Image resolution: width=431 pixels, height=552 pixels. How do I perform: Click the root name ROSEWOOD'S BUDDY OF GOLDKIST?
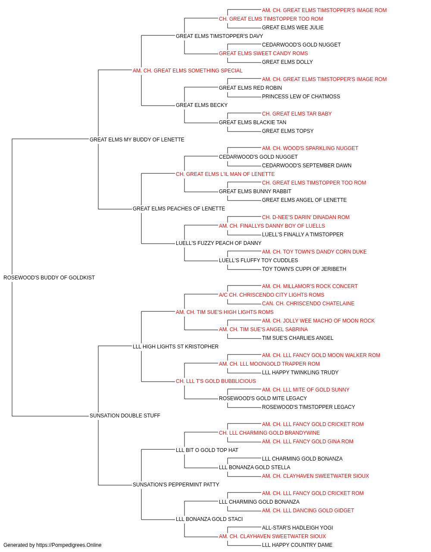49,278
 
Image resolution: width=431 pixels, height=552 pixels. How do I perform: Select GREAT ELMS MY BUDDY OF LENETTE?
137,140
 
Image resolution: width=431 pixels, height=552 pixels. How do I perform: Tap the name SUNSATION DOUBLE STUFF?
125,416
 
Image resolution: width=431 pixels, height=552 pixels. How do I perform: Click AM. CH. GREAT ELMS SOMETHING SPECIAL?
187,71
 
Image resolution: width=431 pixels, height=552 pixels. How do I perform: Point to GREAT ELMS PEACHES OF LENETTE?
179,209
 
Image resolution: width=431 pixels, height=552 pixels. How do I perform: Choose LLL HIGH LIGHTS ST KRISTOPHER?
175,347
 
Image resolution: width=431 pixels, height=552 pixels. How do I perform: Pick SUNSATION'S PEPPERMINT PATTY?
176,485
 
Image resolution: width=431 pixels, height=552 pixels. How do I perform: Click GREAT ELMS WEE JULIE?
293,28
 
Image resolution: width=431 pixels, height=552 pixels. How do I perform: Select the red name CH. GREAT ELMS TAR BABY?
297,114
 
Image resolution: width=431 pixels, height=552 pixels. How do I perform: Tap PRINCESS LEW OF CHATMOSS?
301,97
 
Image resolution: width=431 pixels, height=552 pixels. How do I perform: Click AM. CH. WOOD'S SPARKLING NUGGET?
310,148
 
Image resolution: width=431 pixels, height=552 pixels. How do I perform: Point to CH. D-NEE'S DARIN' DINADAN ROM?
306,217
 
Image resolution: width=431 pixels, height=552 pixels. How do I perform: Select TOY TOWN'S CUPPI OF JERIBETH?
304,269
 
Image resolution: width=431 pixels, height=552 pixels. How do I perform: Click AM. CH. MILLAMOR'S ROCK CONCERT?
309,286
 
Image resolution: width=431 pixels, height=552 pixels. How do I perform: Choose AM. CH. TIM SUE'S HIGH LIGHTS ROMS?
225,312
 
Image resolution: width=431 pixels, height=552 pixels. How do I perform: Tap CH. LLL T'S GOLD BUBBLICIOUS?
216,381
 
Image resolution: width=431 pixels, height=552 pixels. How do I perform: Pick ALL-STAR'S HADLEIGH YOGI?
297,528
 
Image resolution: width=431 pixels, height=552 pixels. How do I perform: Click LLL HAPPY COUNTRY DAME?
297,545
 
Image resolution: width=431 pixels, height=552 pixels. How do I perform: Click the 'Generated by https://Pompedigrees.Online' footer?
52,545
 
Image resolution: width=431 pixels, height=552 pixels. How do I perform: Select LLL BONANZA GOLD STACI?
209,519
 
